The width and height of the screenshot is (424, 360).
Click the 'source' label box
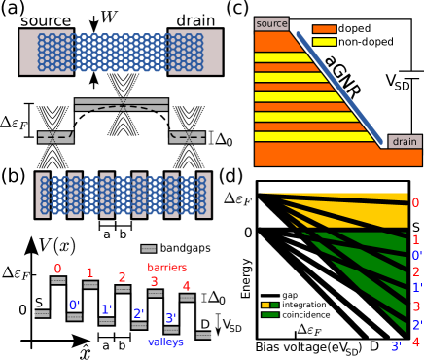(271, 23)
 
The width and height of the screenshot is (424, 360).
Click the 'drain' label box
(405, 141)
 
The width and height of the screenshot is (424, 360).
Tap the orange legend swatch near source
(324, 29)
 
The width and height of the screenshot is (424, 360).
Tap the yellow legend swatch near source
(324, 42)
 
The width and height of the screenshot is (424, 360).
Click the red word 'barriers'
(166, 268)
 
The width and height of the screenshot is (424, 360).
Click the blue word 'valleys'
(166, 342)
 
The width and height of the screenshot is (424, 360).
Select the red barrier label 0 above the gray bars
(57, 269)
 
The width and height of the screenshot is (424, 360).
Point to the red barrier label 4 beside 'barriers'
(186, 287)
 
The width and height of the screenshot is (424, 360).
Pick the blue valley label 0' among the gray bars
(74, 305)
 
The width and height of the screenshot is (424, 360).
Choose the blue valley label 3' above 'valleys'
(171, 318)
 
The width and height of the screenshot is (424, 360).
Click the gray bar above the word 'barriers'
(149, 249)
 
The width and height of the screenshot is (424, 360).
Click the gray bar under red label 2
(123, 289)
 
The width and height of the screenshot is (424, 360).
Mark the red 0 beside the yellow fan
(415, 203)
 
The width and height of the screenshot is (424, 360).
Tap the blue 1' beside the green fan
(416, 288)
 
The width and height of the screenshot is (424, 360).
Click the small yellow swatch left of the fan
(265, 305)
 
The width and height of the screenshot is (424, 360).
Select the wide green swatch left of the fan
(270, 314)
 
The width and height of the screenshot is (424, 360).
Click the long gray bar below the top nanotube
(122, 100)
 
